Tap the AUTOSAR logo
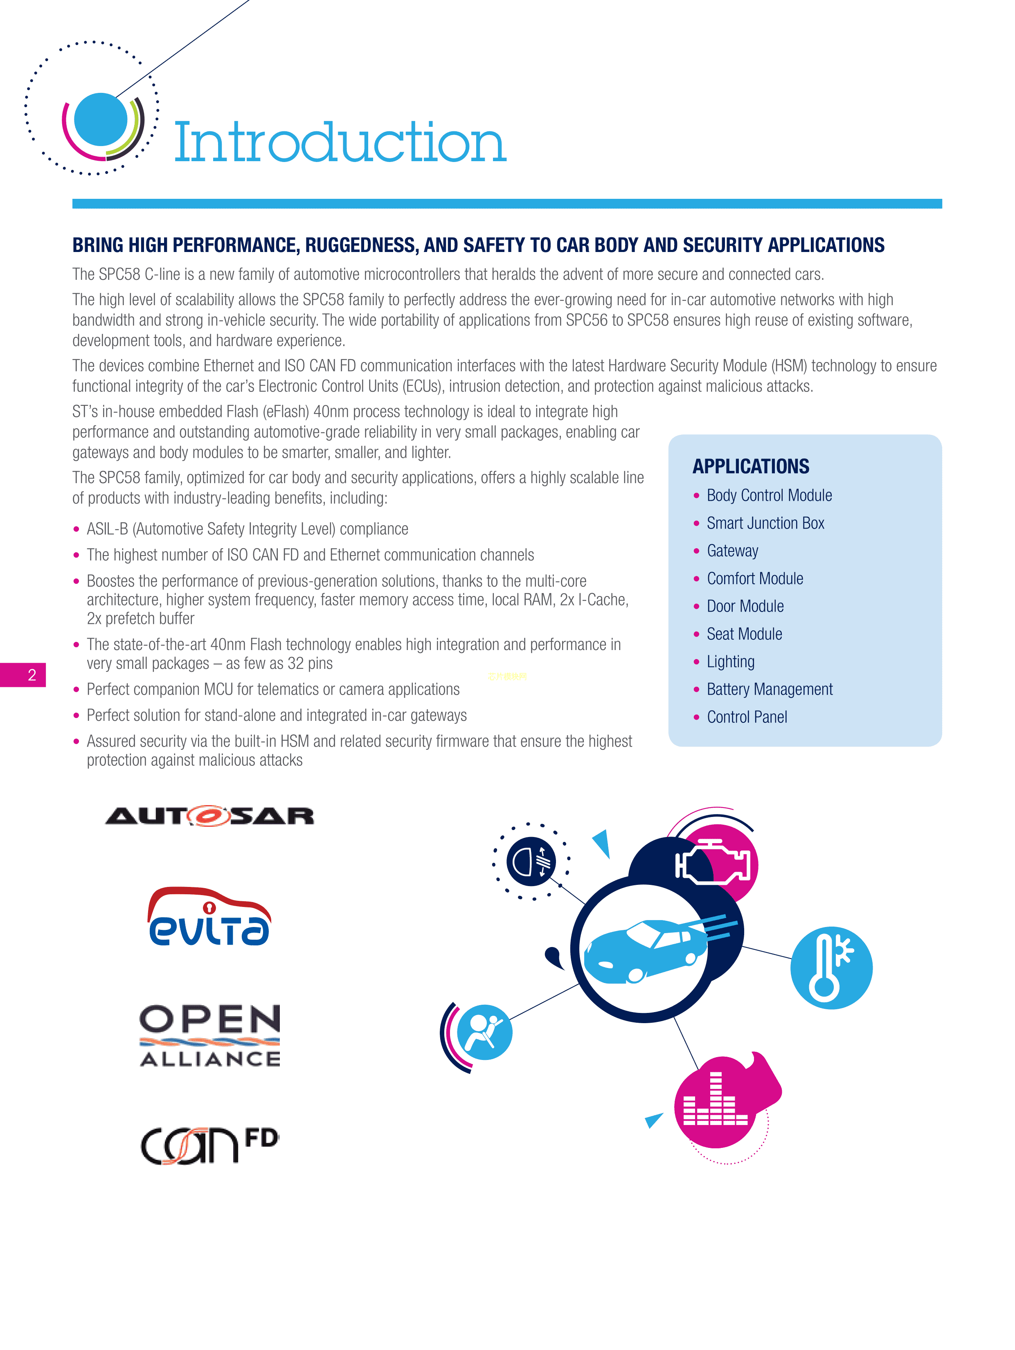[209, 815]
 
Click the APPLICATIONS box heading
[750, 466]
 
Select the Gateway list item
[732, 551]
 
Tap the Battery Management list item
[769, 690]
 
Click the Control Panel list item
[747, 717]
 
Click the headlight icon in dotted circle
[530, 861]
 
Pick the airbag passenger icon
[485, 1032]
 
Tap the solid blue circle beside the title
[100, 119]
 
